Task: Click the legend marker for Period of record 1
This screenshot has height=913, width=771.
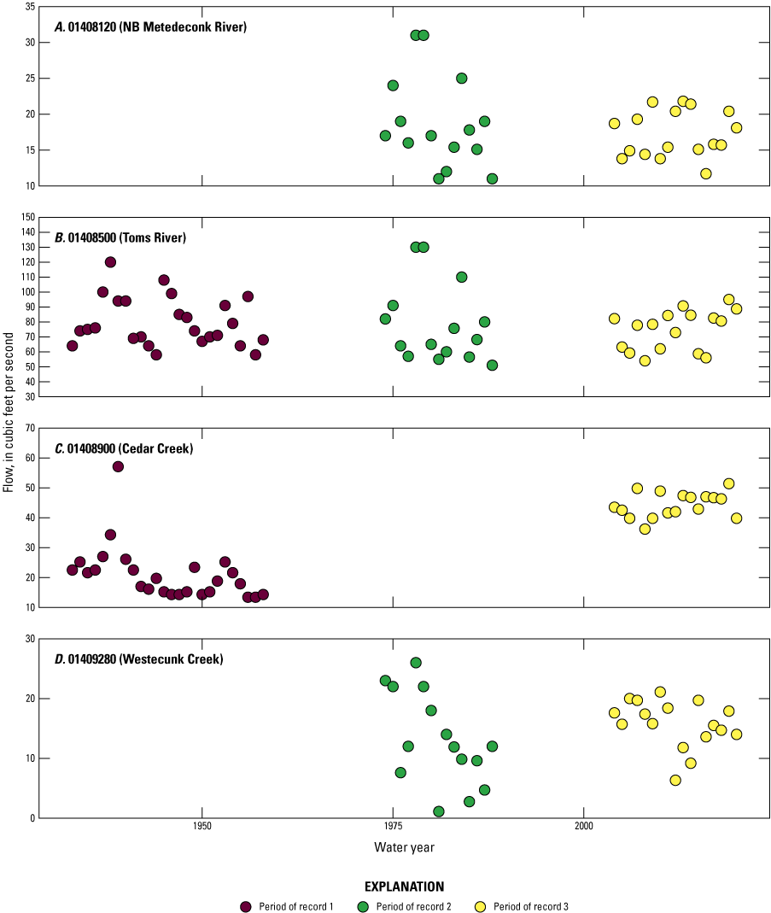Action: click(246, 906)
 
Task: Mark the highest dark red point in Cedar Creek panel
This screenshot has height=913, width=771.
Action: click(118, 466)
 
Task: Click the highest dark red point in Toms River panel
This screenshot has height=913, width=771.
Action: click(110, 262)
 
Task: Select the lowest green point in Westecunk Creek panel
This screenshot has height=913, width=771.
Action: click(439, 811)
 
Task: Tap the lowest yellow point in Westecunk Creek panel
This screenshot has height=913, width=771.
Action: click(675, 780)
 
